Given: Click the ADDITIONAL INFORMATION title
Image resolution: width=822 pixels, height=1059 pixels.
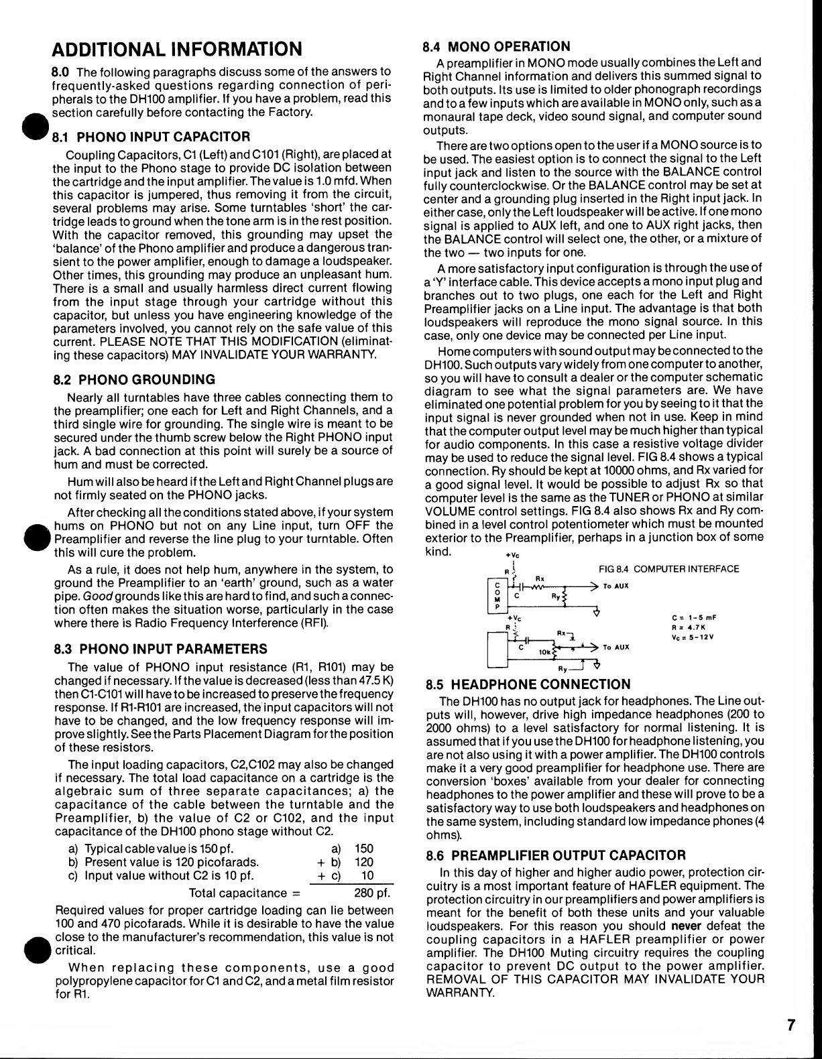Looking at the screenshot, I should tap(177, 49).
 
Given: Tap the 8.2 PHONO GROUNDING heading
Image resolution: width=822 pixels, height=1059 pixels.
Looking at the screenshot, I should tap(134, 379).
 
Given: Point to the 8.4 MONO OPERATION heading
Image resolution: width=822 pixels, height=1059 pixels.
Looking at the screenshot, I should tap(497, 46).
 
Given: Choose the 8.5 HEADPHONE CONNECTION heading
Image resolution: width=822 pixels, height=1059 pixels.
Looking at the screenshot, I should tap(528, 684).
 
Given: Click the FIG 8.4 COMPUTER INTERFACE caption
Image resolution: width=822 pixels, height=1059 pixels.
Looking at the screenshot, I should tap(668, 569).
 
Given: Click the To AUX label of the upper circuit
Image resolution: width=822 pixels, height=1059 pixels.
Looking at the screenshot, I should tap(615, 586).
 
